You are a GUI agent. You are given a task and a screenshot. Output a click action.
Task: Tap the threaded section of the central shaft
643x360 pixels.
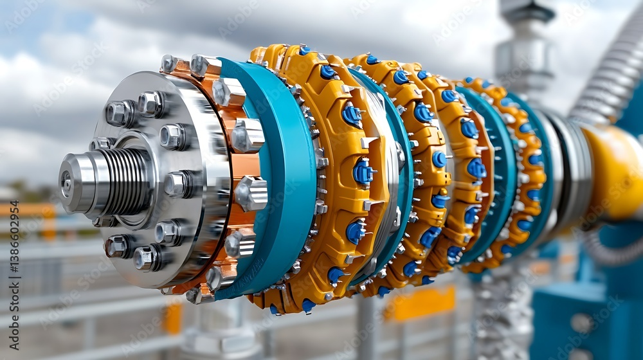[x=126, y=181]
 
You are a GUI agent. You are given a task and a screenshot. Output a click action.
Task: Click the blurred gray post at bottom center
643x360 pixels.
[x=367, y=328]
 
